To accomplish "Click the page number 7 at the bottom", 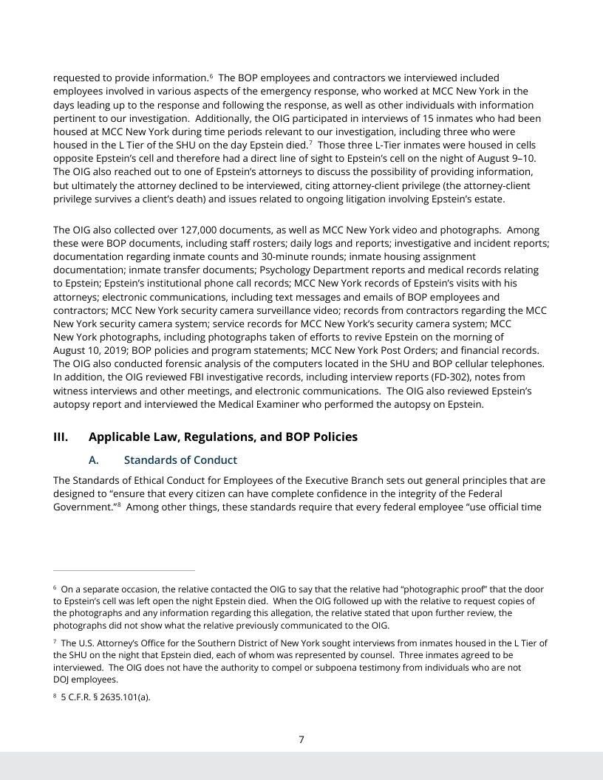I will click(x=301, y=739).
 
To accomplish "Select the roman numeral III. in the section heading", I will click(x=63, y=437).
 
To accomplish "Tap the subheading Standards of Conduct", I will click(x=180, y=460).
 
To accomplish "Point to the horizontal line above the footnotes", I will click(x=124, y=570).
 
